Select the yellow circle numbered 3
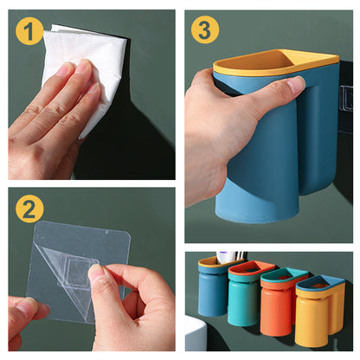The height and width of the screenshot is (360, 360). (205, 30)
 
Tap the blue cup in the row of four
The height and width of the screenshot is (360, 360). (211, 292)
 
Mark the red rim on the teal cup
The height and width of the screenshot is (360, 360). (251, 268)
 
